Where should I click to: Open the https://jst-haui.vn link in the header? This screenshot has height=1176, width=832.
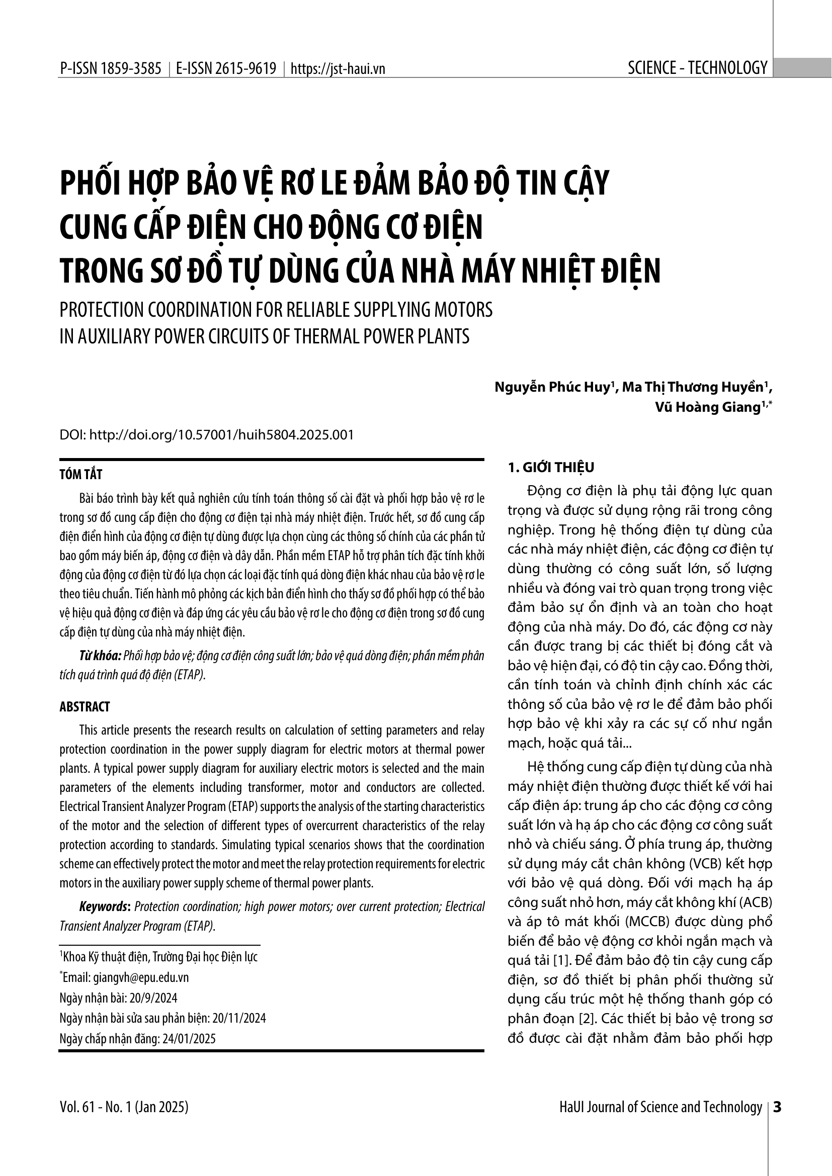click(338, 69)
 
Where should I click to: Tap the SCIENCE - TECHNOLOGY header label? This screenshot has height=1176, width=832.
click(697, 68)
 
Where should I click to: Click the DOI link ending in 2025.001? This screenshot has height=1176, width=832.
click(221, 435)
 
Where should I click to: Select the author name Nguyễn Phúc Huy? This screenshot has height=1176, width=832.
click(552, 387)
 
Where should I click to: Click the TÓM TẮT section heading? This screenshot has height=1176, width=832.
click(81, 475)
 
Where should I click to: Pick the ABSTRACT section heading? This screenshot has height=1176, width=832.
click(85, 707)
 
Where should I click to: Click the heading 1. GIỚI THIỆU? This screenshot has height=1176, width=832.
click(551, 467)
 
